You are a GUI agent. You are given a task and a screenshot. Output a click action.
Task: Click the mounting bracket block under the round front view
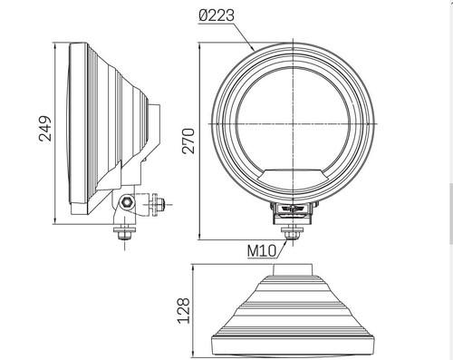pyautogui.click(x=292, y=210)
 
